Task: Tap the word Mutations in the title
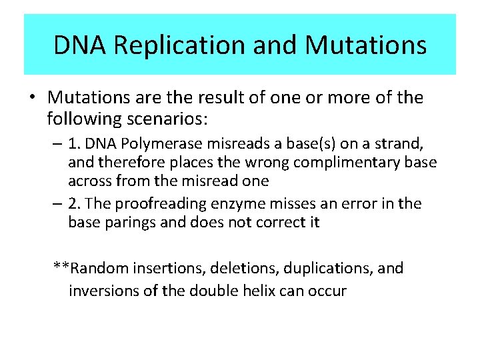tap(365, 45)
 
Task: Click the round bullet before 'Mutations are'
tap(32, 99)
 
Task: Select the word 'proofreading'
tap(151, 203)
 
